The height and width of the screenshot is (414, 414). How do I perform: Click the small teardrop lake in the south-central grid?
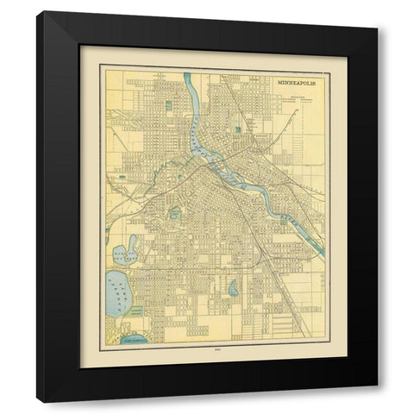[233, 290]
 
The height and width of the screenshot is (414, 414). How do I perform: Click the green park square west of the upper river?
[164, 108]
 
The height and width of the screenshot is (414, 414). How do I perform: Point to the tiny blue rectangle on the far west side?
[121, 176]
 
